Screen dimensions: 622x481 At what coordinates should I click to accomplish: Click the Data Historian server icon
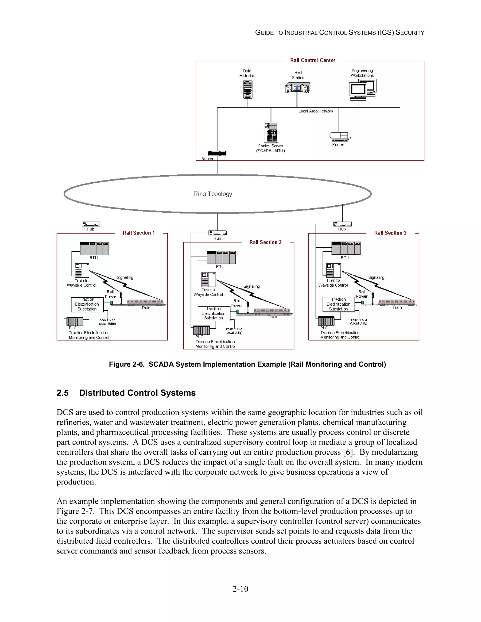pyautogui.click(x=248, y=89)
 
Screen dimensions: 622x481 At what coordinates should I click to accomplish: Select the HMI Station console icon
pyautogui.click(x=298, y=88)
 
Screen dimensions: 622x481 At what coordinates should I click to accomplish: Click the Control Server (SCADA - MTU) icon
pyautogui.click(x=271, y=132)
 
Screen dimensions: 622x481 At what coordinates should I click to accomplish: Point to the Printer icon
pyautogui.click(x=340, y=136)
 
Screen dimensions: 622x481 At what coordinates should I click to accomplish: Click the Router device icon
pyautogui.click(x=217, y=154)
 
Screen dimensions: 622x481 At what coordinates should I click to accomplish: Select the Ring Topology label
pyautogui.click(x=213, y=194)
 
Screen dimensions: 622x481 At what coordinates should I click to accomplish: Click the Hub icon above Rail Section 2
pyautogui.click(x=217, y=233)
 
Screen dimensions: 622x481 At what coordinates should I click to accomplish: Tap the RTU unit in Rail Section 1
pyautogui.click(x=94, y=248)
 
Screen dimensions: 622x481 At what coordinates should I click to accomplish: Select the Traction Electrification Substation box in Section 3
pyautogui.click(x=338, y=304)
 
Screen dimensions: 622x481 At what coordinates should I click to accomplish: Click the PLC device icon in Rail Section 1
pyautogui.click(x=75, y=322)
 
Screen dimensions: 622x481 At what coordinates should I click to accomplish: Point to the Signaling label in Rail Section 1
pyautogui.click(x=125, y=277)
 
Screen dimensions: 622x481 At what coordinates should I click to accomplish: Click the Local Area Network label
pyautogui.click(x=315, y=111)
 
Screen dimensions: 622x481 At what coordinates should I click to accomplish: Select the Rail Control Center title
pyautogui.click(x=313, y=60)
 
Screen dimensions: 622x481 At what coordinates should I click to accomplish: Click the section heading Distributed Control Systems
pyautogui.click(x=137, y=393)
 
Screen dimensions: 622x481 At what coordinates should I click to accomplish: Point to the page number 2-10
pyautogui.click(x=240, y=589)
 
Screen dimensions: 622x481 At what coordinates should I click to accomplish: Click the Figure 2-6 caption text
pyautogui.click(x=247, y=365)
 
